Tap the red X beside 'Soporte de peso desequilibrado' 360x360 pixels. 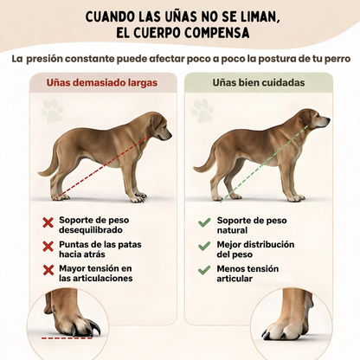click(48, 223)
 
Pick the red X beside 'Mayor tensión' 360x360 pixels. click(48, 271)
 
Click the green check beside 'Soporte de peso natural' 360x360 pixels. click(204, 222)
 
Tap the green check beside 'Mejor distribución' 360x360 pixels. click(204, 247)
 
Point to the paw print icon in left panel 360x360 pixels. click(51, 110)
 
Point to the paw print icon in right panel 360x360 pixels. click(204, 110)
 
